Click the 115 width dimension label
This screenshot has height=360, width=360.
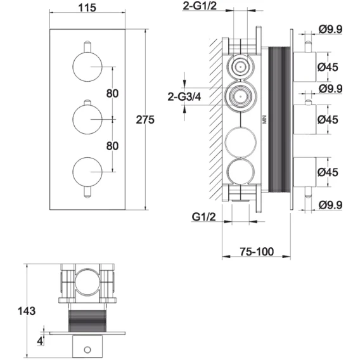tap(87, 8)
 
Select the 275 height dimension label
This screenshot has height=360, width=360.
tap(145, 120)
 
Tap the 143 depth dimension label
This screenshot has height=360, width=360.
tap(27, 311)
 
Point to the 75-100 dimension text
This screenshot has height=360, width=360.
tap(257, 252)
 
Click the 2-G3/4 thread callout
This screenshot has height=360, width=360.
tap(184, 97)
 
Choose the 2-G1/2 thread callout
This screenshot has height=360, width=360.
tap(200, 6)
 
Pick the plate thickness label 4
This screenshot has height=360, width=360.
tap(40, 341)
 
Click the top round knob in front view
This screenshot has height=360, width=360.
tap(87, 67)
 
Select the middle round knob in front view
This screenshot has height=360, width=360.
tap(87, 119)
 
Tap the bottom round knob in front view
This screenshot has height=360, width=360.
tap(87, 172)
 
